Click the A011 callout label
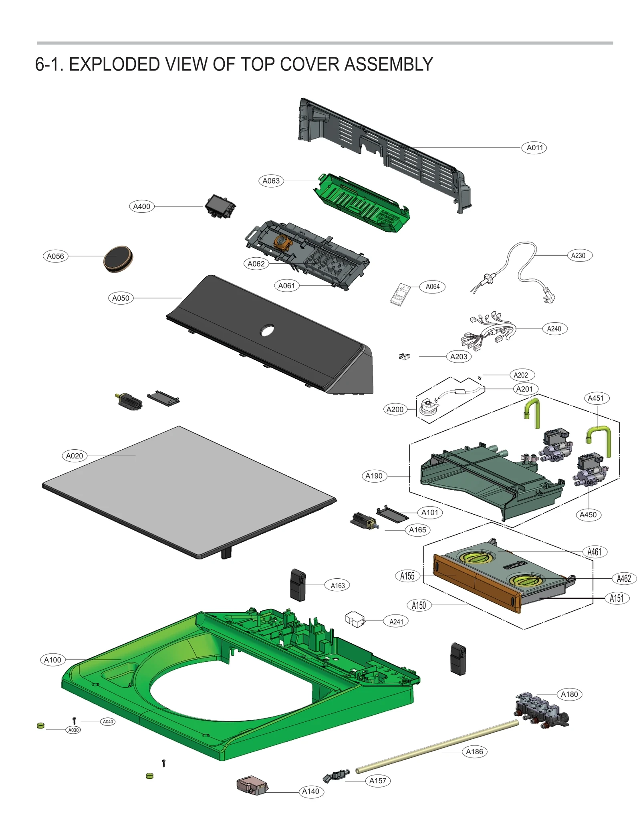[x=534, y=147]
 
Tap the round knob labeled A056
[x=118, y=258]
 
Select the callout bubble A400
[x=141, y=206]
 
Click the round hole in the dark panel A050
[x=267, y=331]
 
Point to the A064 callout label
[x=432, y=287]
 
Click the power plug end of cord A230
[x=549, y=297]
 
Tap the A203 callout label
[x=458, y=356]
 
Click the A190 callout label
[x=374, y=476]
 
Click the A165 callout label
[x=417, y=530]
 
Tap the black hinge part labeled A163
[x=298, y=585]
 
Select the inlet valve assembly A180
[x=541, y=709]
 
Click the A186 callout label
[x=474, y=751]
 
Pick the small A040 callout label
[x=108, y=721]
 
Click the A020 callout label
[x=75, y=456]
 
